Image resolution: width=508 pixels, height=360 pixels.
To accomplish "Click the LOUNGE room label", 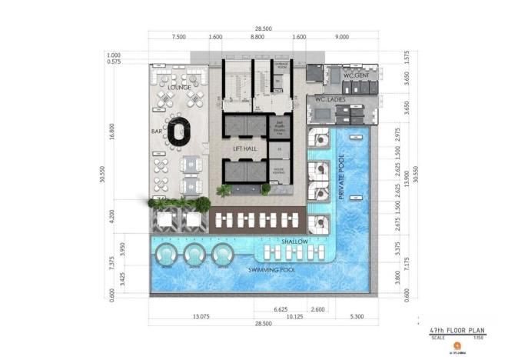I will [x=178, y=88].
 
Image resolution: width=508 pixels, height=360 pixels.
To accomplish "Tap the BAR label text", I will [x=157, y=132].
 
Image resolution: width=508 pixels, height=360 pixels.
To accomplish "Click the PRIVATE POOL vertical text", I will [x=339, y=178].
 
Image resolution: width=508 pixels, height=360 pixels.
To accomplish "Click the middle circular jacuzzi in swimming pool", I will [x=193, y=255].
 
